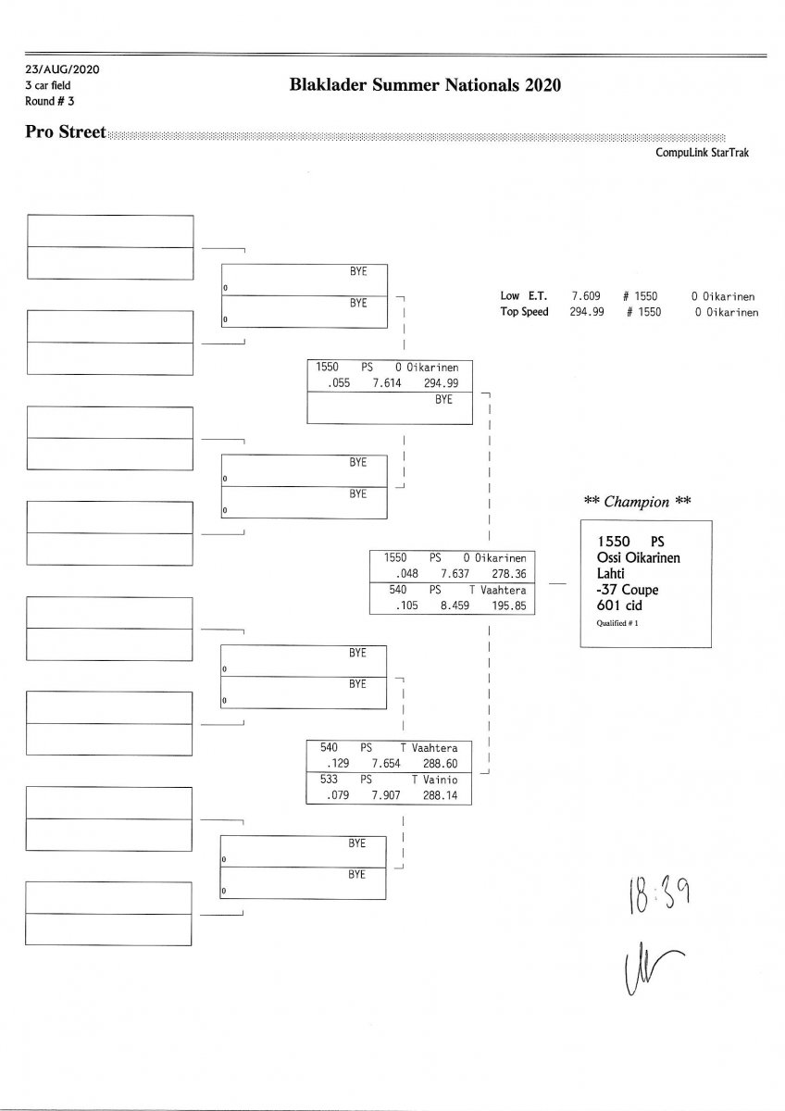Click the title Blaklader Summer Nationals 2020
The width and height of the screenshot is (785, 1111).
(425, 86)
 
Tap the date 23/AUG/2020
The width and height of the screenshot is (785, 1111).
(62, 69)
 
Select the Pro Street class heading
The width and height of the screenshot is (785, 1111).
(66, 132)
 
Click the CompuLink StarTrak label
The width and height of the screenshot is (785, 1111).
(702, 153)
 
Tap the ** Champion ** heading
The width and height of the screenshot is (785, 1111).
(638, 502)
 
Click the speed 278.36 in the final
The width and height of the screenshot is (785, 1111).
(508, 573)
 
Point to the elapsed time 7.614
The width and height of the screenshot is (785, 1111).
(387, 382)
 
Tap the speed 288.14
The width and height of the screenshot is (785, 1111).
(439, 794)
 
